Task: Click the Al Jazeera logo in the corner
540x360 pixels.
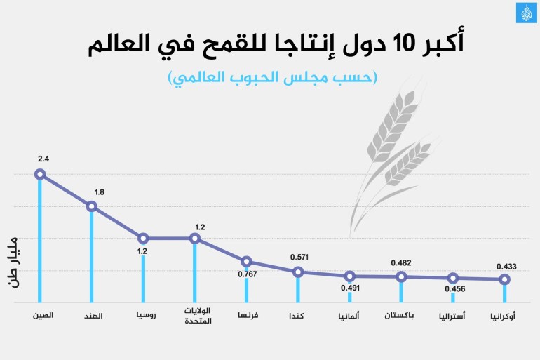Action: (526, 13)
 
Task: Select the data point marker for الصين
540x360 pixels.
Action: (40, 174)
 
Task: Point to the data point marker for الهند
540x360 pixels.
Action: (91, 206)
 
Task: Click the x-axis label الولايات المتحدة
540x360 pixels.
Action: (197, 316)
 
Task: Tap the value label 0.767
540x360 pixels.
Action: (248, 274)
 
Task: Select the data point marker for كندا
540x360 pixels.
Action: (298, 272)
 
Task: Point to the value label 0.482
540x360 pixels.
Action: (400, 263)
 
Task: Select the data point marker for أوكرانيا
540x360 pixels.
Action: (504, 279)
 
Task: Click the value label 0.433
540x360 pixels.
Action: (507, 267)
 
